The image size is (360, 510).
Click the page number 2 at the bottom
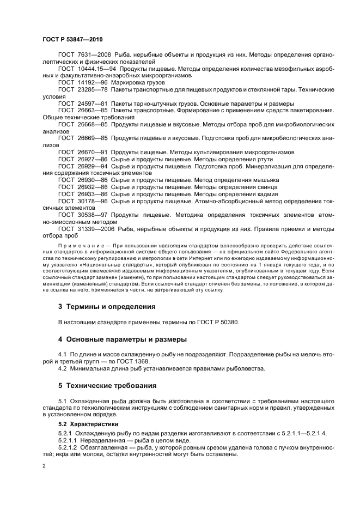pyautogui.click(x=44, y=466)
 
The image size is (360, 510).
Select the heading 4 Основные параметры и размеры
pyautogui.click(x=123, y=339)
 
